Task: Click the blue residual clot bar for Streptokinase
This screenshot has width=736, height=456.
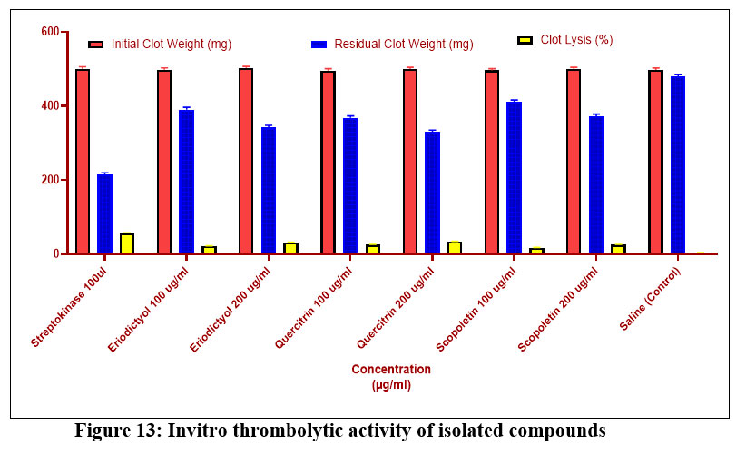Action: [x=104, y=213]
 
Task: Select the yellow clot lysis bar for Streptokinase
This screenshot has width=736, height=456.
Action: [x=126, y=243]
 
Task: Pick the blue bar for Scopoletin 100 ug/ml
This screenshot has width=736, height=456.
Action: [x=514, y=177]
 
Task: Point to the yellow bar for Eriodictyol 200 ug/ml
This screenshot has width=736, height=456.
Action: [x=290, y=248]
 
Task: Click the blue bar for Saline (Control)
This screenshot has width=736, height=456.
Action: [x=677, y=164]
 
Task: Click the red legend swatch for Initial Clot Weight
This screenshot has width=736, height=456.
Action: [x=95, y=44]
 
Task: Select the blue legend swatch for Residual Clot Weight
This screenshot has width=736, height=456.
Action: [x=319, y=44]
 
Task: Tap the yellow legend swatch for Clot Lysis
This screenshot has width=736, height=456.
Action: [x=525, y=40]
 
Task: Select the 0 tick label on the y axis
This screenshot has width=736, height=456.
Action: [x=54, y=253]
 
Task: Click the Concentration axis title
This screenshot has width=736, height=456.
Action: [x=391, y=370]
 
